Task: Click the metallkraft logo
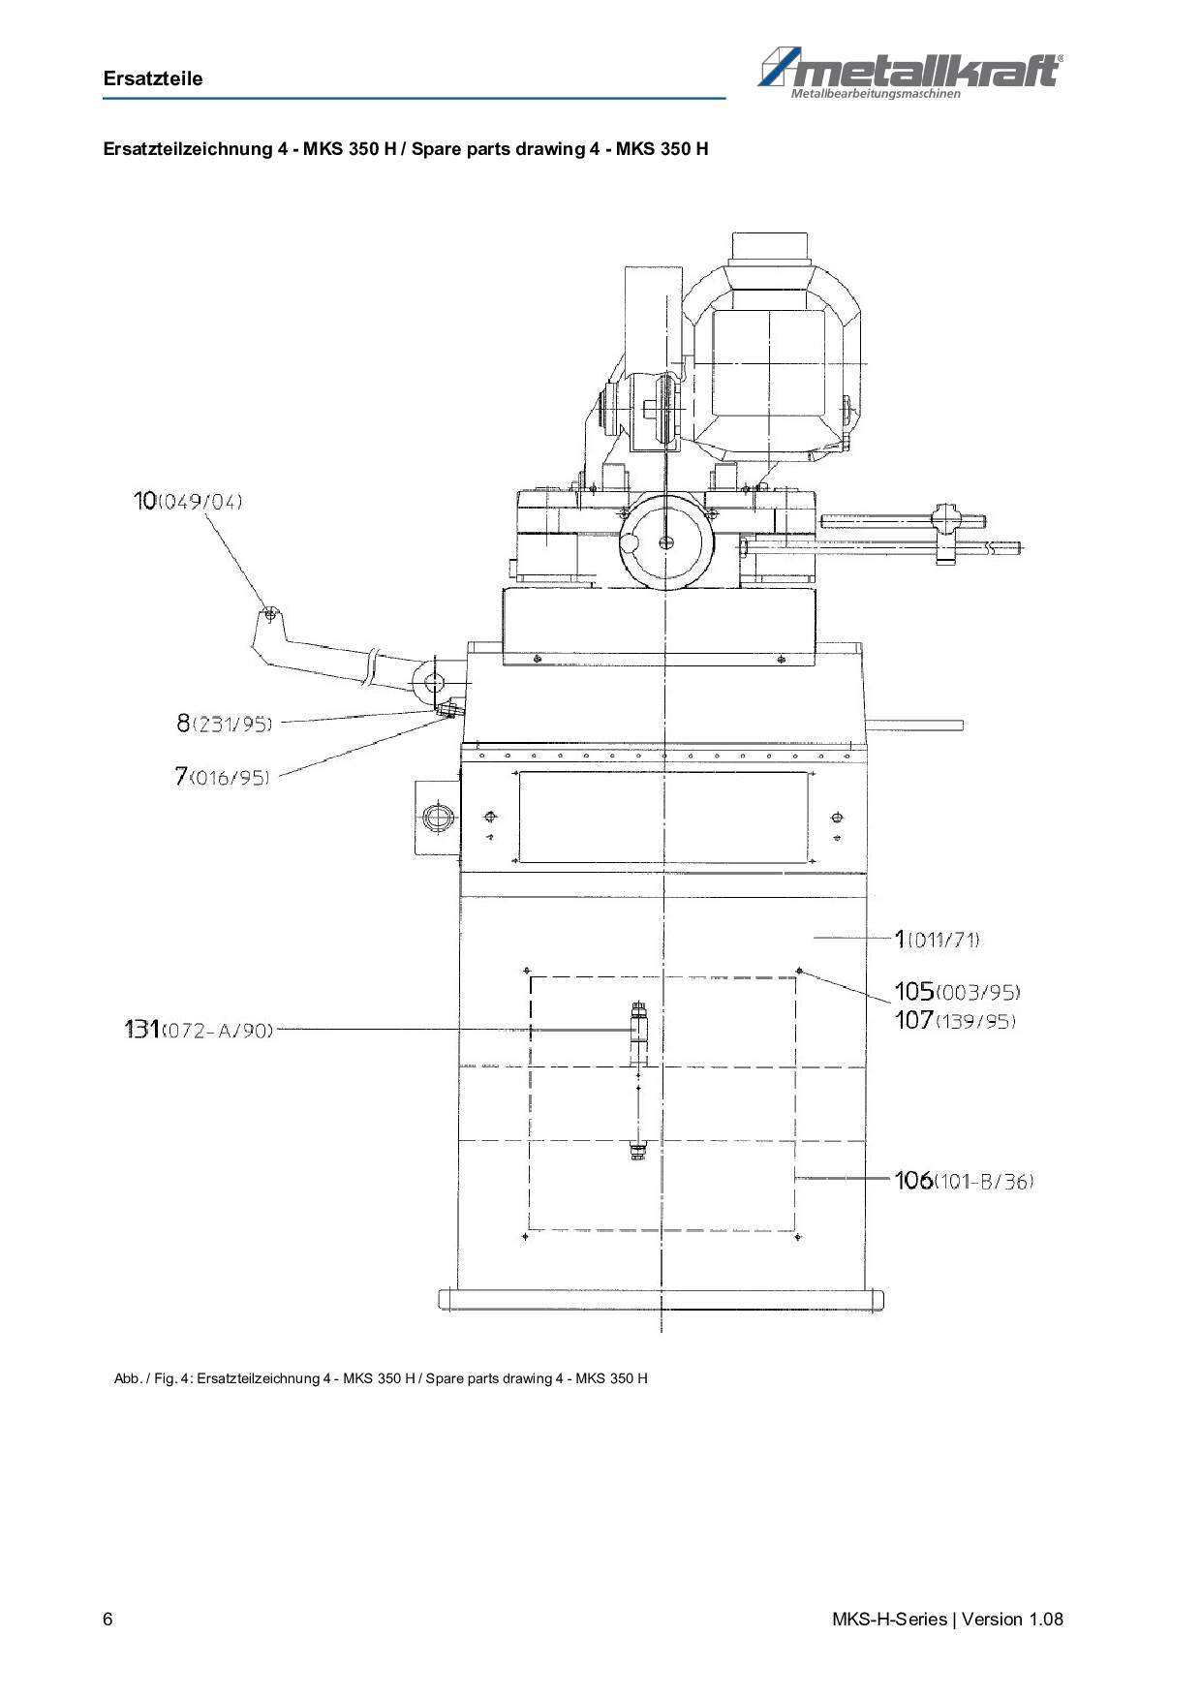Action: (x=909, y=74)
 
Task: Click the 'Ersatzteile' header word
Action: (x=153, y=79)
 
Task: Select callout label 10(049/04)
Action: (x=188, y=501)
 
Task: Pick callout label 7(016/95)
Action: (x=222, y=776)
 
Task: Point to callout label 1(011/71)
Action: (x=937, y=939)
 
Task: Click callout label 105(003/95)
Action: (x=957, y=992)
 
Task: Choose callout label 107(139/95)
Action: (x=955, y=1020)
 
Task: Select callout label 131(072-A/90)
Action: (x=199, y=1030)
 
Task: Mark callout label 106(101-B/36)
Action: (x=964, y=1181)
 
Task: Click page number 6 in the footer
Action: (x=108, y=1620)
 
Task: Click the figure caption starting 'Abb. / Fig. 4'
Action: (x=381, y=1378)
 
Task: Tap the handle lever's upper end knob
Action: (x=270, y=614)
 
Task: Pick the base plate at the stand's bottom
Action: (x=662, y=1299)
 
